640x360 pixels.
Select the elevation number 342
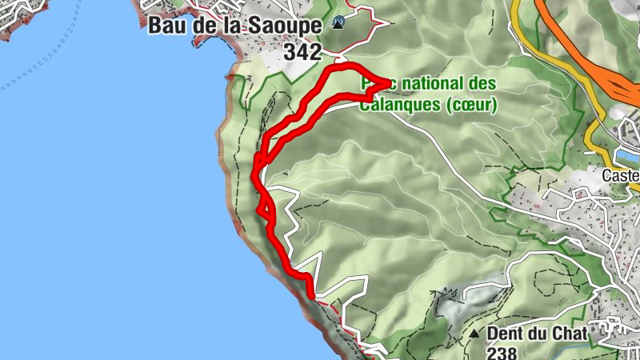302,53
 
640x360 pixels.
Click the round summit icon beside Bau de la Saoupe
339,23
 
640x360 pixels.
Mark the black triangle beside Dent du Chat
474,334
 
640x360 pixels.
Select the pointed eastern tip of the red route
389,82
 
